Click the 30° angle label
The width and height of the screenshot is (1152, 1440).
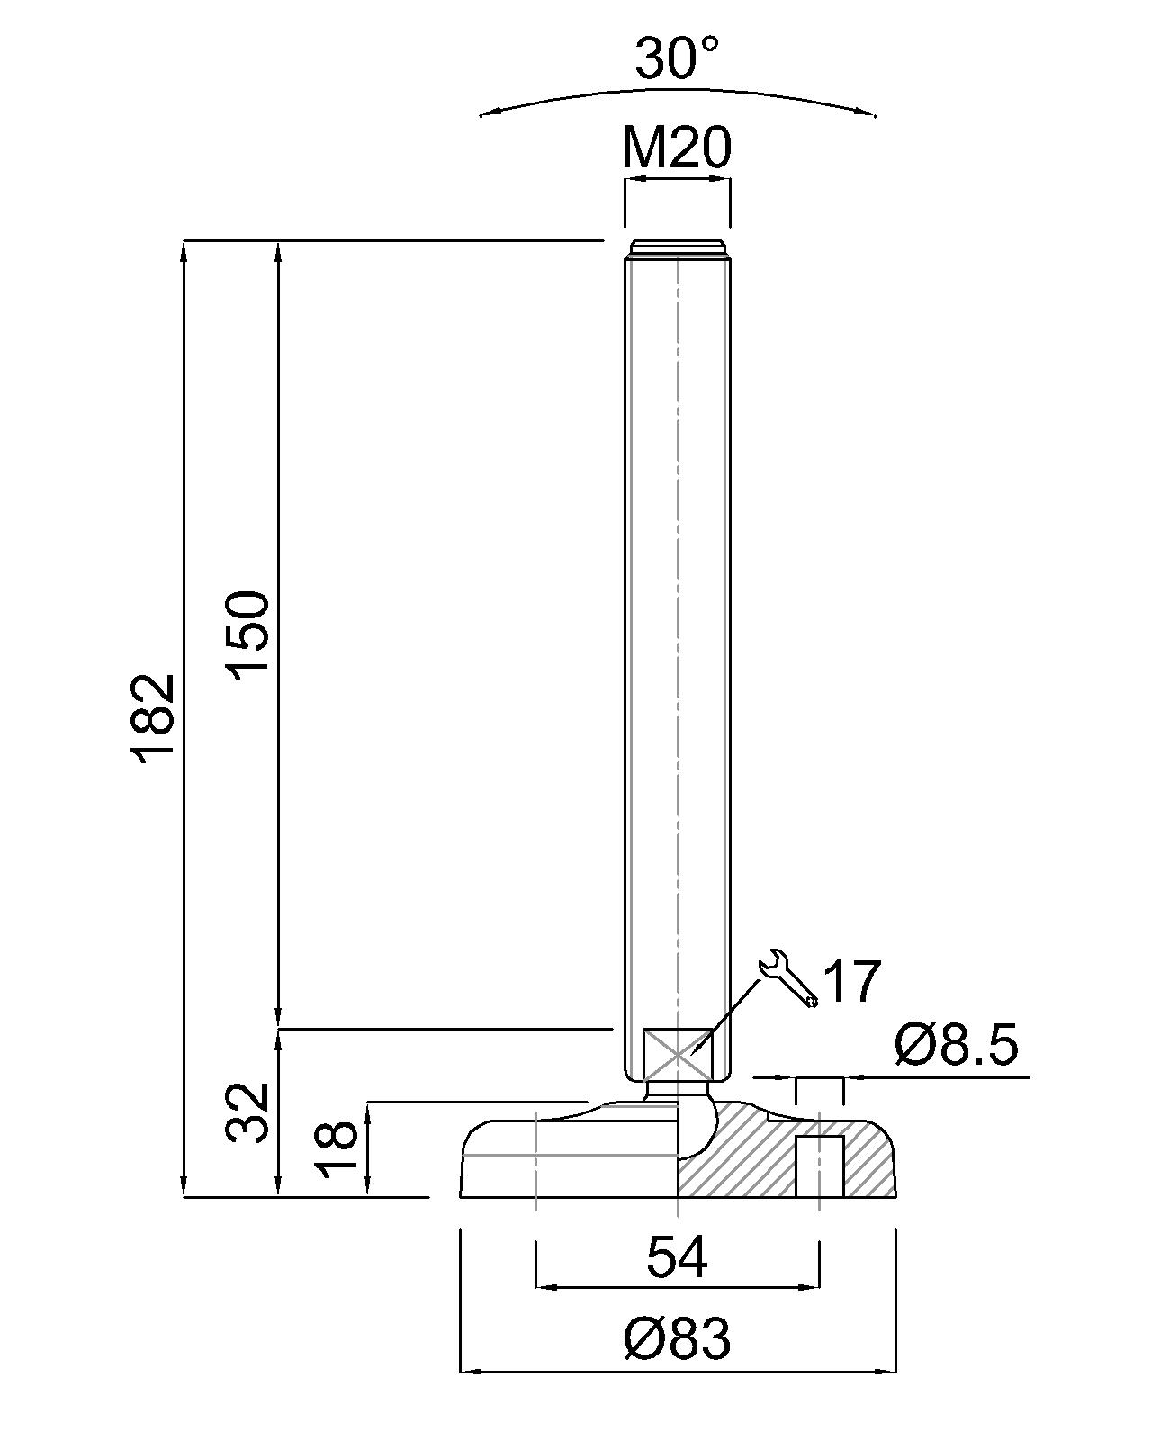pyautogui.click(x=677, y=58)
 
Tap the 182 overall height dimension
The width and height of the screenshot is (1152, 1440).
pyautogui.click(x=155, y=719)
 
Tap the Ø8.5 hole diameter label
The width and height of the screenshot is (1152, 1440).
pyautogui.click(x=956, y=1045)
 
